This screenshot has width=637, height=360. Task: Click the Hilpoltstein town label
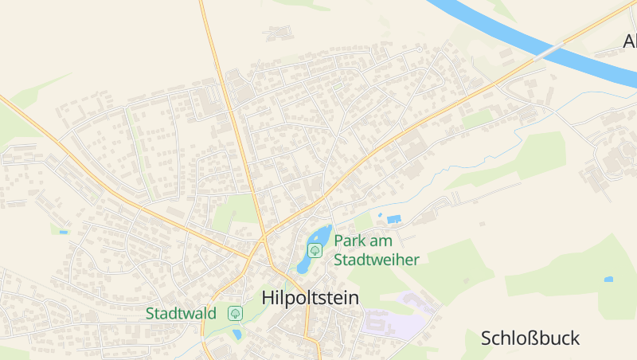coord(310,298)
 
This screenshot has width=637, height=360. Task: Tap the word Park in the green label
coord(351,241)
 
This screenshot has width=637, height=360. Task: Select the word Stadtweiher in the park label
coord(376,260)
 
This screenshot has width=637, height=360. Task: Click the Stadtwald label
coord(181,313)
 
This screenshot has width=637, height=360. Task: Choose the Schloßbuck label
coord(530,338)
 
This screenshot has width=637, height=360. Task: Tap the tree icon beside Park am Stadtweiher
coord(315,250)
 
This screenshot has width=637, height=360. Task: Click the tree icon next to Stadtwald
coord(235,313)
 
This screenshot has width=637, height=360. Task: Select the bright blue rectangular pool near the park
coord(394,218)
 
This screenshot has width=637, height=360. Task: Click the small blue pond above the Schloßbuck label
coord(608,280)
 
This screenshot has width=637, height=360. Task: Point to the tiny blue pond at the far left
coord(64,233)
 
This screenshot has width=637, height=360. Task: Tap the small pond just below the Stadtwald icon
coord(237,335)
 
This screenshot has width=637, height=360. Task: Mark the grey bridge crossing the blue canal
coord(549,51)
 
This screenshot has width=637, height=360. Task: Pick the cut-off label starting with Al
coord(629,41)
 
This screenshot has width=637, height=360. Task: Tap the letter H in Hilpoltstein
coord(268,298)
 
